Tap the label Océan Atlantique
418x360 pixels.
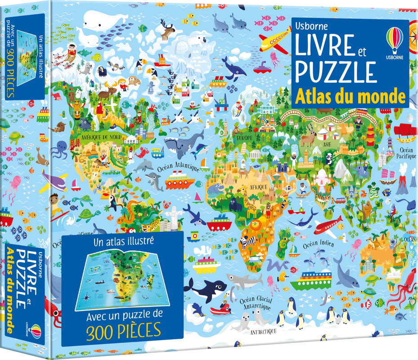(x=179, y=167)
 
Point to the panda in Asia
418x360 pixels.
(x=329, y=157)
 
